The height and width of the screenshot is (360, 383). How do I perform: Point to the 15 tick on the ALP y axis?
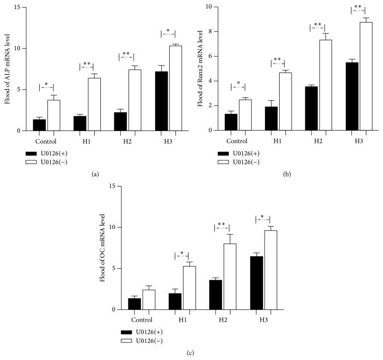[18, 8]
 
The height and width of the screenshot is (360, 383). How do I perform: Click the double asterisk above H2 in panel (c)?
[222, 225]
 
